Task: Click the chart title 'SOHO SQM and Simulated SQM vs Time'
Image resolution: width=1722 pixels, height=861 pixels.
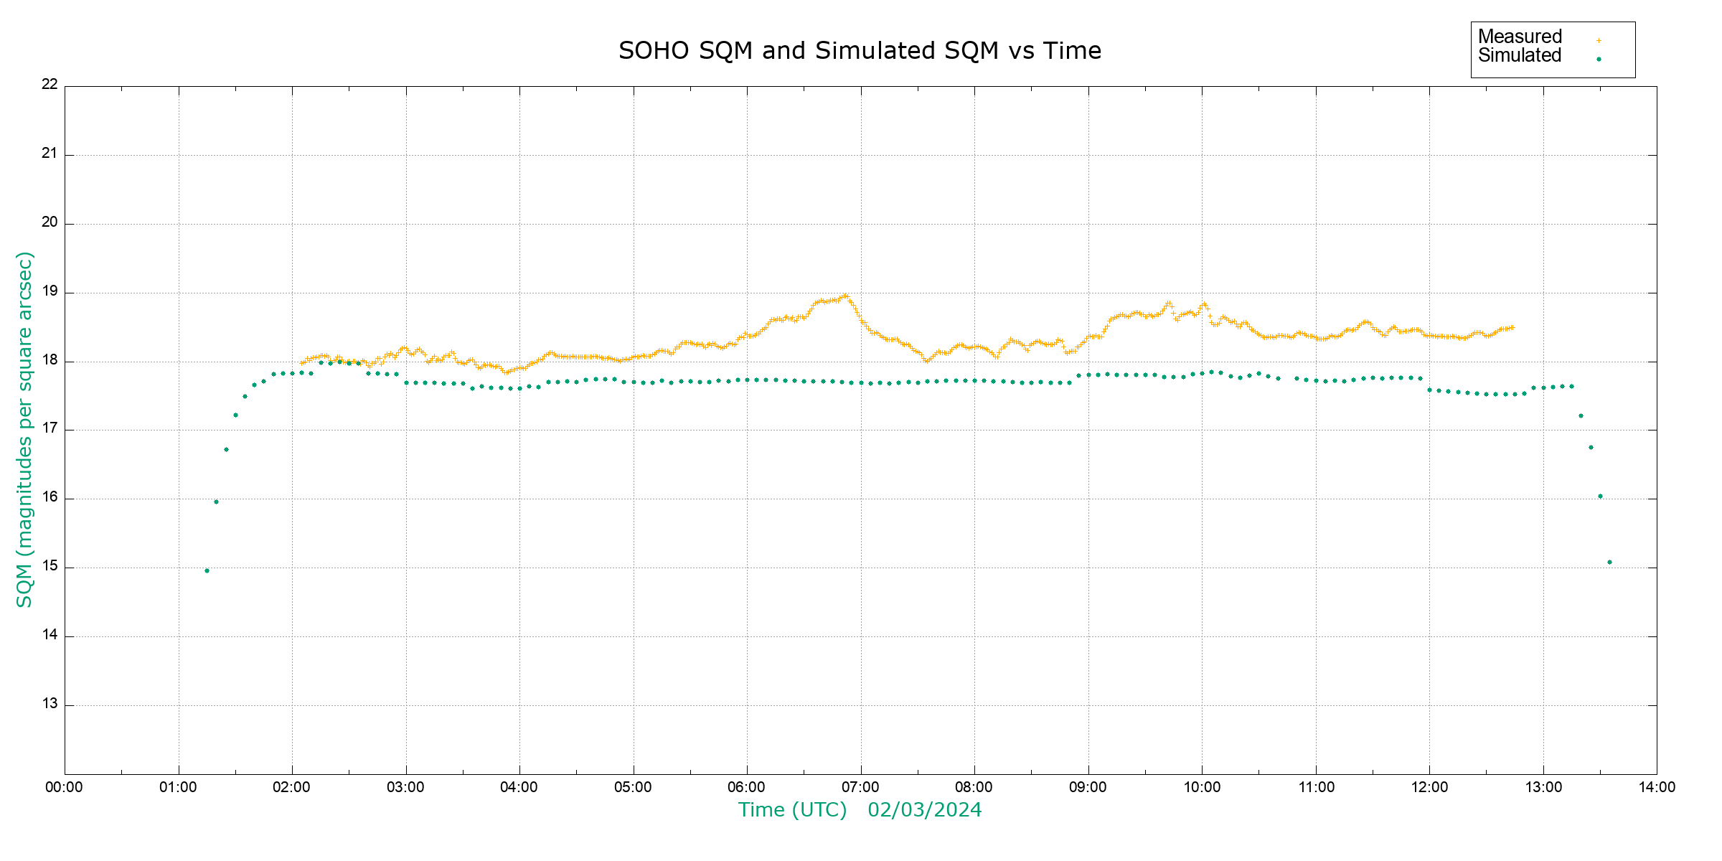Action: (860, 51)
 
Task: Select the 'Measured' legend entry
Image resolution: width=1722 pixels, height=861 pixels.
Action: (1520, 37)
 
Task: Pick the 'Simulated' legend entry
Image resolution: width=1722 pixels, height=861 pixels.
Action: (1520, 56)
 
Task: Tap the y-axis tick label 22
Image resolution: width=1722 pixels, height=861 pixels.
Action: (50, 84)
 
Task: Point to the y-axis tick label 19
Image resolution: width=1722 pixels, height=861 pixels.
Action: (50, 291)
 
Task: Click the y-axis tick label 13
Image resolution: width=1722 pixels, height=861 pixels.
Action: (50, 703)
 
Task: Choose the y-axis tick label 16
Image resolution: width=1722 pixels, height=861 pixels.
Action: (50, 497)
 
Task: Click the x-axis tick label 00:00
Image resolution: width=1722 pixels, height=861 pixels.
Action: (64, 787)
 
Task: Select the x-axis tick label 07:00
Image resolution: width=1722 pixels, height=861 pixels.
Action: (860, 787)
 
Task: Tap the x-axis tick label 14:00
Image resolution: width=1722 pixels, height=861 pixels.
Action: (1657, 787)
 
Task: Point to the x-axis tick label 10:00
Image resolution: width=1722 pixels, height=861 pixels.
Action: (1202, 787)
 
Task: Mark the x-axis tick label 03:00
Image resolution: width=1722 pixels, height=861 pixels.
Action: (405, 787)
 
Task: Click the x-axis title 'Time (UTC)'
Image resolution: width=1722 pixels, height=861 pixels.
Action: (792, 810)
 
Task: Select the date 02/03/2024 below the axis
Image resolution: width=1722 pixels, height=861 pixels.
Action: (924, 810)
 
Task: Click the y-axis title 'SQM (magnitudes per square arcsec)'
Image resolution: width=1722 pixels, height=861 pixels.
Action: (24, 429)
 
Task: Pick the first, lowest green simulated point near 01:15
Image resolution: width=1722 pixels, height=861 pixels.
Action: (207, 570)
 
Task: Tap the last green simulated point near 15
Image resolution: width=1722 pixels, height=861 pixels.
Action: (1609, 562)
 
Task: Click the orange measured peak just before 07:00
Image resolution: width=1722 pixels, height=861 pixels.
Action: (846, 295)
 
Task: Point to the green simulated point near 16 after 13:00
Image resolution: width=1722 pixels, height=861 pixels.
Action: (1600, 496)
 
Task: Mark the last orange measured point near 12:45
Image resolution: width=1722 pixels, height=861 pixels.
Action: (1512, 327)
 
